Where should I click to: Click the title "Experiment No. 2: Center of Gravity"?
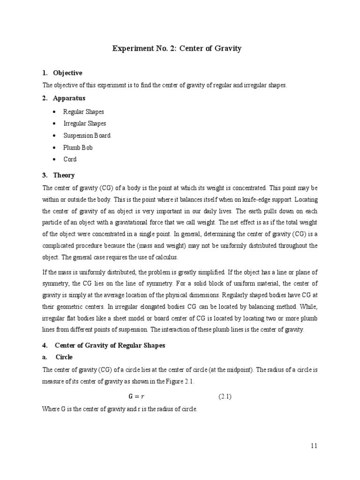click(x=177, y=49)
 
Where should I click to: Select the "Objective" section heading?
click(x=67, y=73)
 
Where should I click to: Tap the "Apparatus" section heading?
click(x=69, y=98)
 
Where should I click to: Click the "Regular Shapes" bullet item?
click(x=84, y=112)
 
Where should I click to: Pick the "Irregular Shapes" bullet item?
click(x=85, y=124)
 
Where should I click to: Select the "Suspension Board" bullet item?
click(x=87, y=135)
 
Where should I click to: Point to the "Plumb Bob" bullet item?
click(x=78, y=148)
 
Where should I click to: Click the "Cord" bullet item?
click(x=70, y=159)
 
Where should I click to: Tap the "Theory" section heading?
click(x=64, y=175)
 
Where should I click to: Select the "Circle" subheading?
click(x=64, y=357)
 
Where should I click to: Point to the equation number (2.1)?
click(x=225, y=397)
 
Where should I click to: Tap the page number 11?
click(x=314, y=446)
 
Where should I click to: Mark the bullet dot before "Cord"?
click(x=55, y=159)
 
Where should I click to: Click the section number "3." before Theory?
click(x=45, y=175)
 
